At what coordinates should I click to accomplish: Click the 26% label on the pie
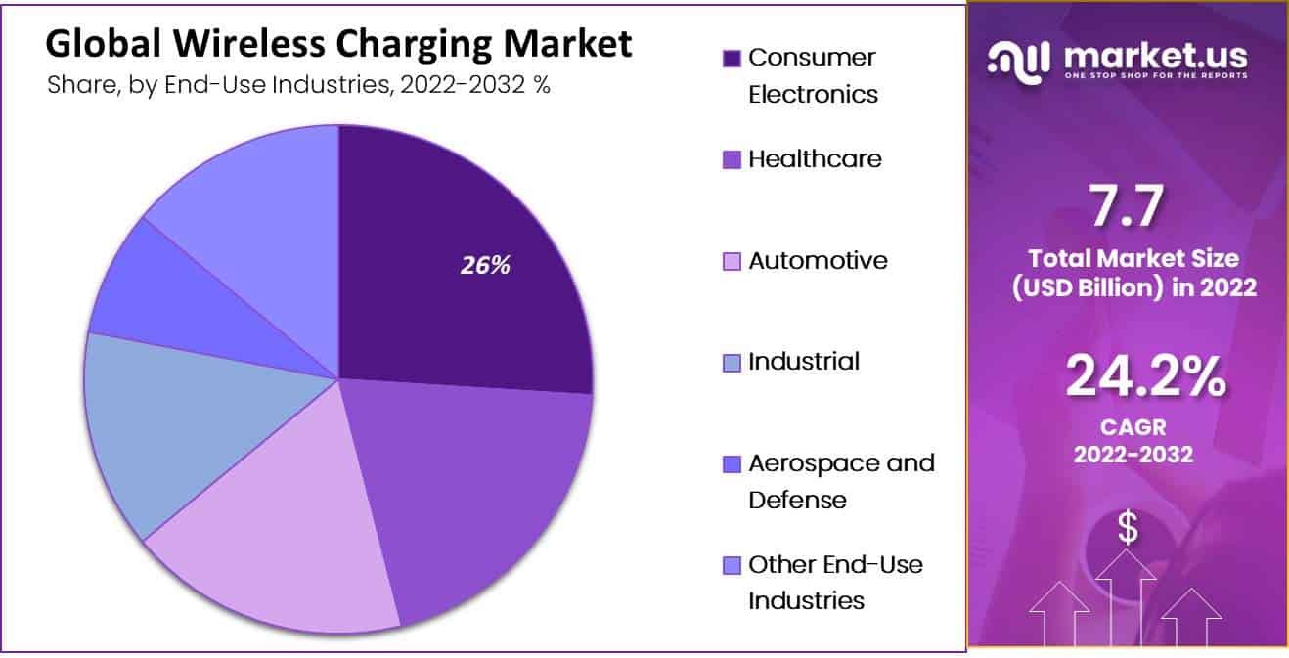coord(486,265)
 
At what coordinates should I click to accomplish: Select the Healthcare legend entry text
coord(815,159)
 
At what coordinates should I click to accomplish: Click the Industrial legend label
coord(804,362)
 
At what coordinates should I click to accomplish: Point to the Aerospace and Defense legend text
coord(841,481)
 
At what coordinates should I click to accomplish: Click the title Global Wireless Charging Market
coord(338,45)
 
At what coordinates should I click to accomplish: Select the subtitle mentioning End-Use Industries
coord(298,85)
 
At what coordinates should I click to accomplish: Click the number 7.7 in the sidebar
coord(1128,206)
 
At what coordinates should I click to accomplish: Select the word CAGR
coord(1133,427)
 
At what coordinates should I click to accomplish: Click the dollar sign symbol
coord(1129,528)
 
